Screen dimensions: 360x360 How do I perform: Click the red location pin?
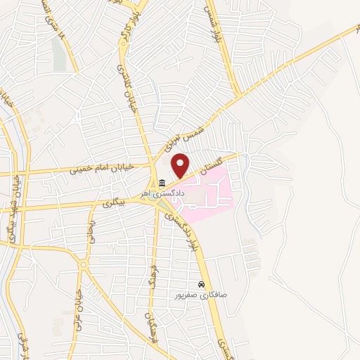180,166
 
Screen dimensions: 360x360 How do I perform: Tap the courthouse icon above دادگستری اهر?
162,183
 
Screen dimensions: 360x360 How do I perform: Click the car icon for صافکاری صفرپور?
201,285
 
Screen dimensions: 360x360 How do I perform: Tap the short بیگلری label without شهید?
112,204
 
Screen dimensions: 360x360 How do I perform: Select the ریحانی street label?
91,232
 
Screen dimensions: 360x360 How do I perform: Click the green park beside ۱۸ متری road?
59,53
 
